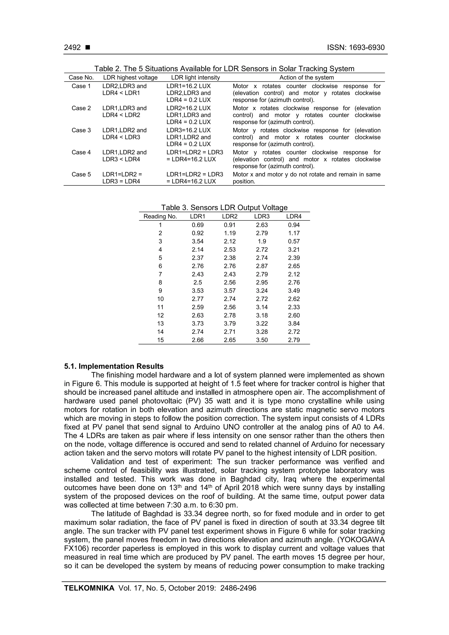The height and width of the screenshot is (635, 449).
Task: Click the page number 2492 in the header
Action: pyautogui.click(x=73, y=48)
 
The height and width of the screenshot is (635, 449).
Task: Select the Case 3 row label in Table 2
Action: pyautogui.click(x=81, y=130)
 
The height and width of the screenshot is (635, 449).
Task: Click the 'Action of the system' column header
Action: pyautogui.click(x=306, y=78)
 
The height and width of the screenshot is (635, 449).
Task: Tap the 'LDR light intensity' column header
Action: pyautogui.click(x=195, y=78)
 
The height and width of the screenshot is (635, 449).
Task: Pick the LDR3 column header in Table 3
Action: pyautogui.click(x=262, y=217)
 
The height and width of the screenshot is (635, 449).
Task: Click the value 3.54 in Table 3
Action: pyautogui.click(x=198, y=242)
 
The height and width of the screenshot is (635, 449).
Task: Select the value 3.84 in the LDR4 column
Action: pyautogui.click(x=294, y=324)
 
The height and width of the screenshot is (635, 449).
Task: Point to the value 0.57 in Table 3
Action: pyautogui.click(x=294, y=242)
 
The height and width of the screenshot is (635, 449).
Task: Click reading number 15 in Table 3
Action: pyautogui.click(x=160, y=340)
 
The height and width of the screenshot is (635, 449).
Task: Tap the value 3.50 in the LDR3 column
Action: pyautogui.click(x=262, y=340)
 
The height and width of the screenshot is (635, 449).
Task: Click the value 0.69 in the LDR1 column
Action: pyautogui.click(x=198, y=225)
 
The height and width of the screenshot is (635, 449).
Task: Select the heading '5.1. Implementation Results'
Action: pyautogui.click(x=114, y=366)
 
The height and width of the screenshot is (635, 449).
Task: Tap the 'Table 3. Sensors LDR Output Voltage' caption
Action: pyautogui.click(x=224, y=208)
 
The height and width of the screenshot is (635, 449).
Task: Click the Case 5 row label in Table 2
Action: pyautogui.click(x=81, y=174)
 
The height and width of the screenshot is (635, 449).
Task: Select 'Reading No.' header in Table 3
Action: pyautogui.click(x=160, y=217)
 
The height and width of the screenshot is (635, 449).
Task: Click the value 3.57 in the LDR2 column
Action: pyautogui.click(x=230, y=291)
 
